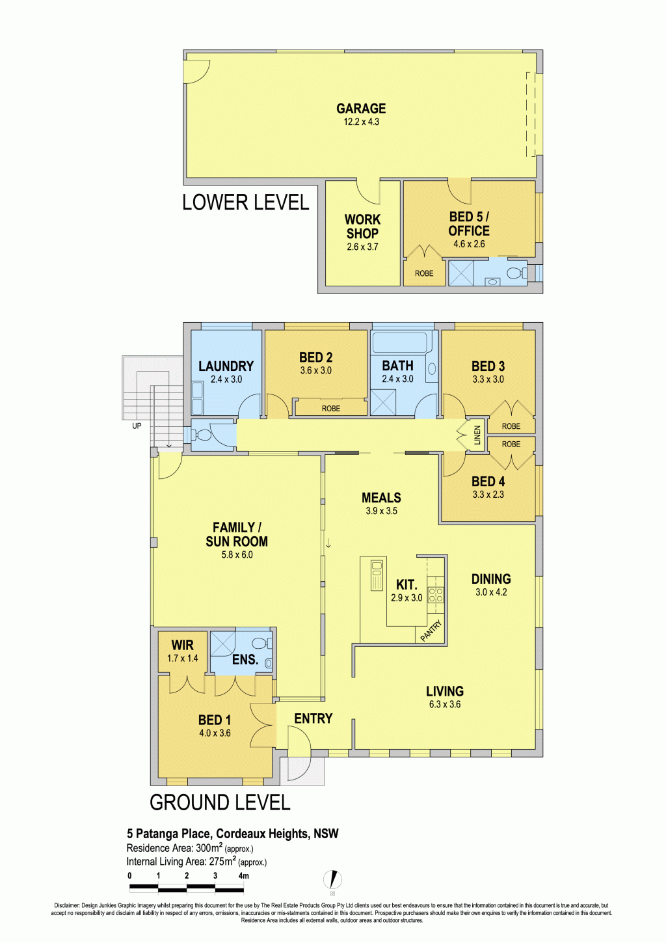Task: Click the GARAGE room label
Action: tap(361, 109)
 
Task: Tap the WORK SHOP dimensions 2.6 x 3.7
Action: tap(362, 247)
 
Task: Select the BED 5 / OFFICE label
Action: tap(469, 224)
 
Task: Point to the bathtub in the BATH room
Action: tap(401, 342)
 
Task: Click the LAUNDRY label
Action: tap(226, 366)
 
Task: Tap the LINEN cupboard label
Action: tap(477, 435)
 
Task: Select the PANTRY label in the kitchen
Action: tap(431, 630)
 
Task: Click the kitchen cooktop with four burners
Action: tap(436, 594)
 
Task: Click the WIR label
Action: tap(183, 645)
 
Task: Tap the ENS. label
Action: tap(245, 659)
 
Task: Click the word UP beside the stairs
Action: tap(137, 426)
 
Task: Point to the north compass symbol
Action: tap(333, 879)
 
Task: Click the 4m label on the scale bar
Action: tap(243, 876)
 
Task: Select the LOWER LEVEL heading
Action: tap(246, 202)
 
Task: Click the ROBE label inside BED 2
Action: tap(331, 408)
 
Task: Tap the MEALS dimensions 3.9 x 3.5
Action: tap(381, 511)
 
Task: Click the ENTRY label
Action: tap(313, 718)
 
